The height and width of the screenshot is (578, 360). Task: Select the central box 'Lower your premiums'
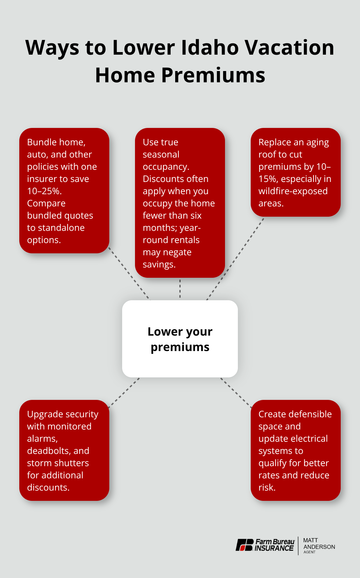click(180, 339)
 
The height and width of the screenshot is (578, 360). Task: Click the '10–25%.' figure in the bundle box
click(44, 191)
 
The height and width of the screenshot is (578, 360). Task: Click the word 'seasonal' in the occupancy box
click(161, 154)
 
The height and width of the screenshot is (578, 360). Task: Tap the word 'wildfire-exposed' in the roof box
click(293, 191)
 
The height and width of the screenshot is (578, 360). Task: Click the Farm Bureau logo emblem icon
click(245, 545)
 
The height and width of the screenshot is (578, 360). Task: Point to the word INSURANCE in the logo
click(274, 548)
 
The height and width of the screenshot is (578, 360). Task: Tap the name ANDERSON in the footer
click(319, 547)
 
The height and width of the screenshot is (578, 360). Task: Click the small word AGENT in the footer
click(310, 552)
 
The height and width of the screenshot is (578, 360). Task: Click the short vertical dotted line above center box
click(180, 289)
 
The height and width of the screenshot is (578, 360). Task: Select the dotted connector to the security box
click(124, 393)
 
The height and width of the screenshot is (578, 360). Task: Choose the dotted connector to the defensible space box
click(236, 393)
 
